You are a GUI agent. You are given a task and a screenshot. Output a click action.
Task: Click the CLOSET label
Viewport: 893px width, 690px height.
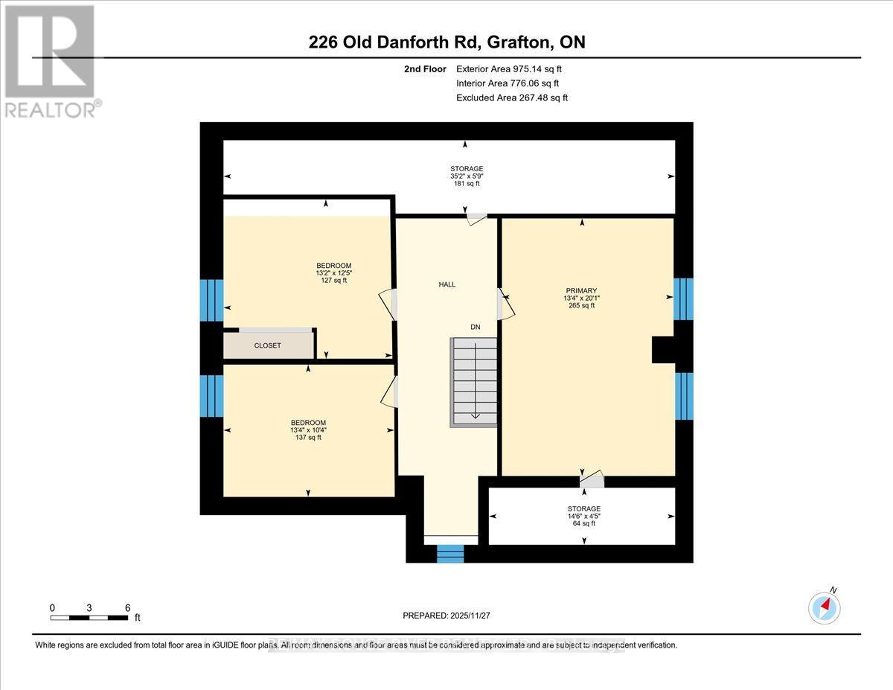coord(267,345)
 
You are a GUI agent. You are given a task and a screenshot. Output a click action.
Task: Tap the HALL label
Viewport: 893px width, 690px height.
coord(446,284)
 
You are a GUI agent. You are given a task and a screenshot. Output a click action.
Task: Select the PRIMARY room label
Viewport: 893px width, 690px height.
coord(581,290)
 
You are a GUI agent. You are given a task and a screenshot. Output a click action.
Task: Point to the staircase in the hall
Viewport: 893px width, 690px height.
coord(473,382)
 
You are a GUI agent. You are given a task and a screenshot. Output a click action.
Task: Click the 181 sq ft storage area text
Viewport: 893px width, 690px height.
coord(467,184)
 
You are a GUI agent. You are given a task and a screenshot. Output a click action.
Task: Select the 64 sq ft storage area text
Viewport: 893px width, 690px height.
coord(583,523)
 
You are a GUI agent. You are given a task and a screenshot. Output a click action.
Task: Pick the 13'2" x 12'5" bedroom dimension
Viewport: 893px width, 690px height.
coord(333,272)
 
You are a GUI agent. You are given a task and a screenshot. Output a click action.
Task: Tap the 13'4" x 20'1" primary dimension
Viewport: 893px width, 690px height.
coord(581,298)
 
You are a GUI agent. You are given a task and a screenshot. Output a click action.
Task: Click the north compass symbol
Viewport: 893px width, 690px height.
coord(824,607)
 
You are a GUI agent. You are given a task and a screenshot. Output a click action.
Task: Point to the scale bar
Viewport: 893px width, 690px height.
coord(89,617)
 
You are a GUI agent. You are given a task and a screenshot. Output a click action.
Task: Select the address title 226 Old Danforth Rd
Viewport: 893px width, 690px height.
coord(446,42)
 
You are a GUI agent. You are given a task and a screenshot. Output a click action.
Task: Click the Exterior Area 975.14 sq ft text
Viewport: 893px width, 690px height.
coord(508,68)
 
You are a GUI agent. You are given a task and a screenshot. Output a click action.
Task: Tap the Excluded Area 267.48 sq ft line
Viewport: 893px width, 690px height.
coord(512,98)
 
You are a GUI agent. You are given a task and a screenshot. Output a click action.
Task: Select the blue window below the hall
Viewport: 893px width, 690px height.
coord(449,553)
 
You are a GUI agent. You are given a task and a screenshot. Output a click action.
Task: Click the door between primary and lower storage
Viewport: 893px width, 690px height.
coord(592,480)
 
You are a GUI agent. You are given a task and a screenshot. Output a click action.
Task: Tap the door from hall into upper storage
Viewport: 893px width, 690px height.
coord(476,219)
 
